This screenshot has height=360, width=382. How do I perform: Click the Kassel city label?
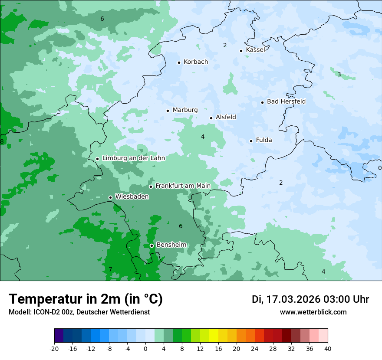[x=255, y=50]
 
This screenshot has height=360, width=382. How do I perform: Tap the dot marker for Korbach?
[x=179, y=62]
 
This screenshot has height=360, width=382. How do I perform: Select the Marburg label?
[x=185, y=110]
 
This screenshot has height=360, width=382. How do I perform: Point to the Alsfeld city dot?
[x=211, y=118]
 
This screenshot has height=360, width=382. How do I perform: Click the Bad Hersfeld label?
[x=286, y=101]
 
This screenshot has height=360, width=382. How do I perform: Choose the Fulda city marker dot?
[x=251, y=141]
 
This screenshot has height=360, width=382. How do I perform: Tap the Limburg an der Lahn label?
[x=133, y=158]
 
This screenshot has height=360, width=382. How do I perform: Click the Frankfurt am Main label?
[x=183, y=186]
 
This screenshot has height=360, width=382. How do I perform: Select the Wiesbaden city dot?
[x=110, y=198]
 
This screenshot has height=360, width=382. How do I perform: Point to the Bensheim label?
[x=171, y=245]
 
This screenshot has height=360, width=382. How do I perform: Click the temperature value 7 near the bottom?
[x=110, y=270]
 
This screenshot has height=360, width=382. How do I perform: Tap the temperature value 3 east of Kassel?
[x=339, y=74]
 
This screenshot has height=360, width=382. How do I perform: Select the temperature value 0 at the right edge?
[x=379, y=168]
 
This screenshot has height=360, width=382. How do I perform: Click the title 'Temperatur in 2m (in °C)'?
[x=86, y=299]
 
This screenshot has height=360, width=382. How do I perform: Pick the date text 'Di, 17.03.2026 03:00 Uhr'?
[x=310, y=299]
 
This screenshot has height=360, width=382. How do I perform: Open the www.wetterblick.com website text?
[x=313, y=312]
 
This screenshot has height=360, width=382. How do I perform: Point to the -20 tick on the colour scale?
[x=54, y=348]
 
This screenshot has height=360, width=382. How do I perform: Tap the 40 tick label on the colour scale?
[x=327, y=348]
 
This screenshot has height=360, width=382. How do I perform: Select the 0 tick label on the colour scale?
[x=145, y=348]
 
